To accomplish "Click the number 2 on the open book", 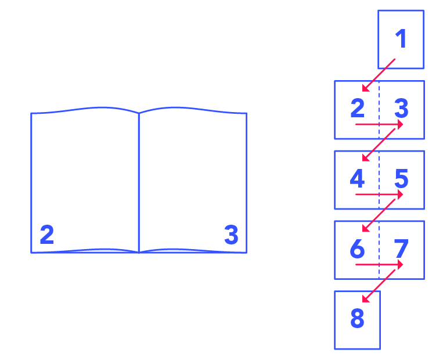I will click(x=47, y=235).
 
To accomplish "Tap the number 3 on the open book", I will click(x=231, y=235).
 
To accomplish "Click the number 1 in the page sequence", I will click(x=401, y=39).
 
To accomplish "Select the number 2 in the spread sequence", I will click(x=357, y=108).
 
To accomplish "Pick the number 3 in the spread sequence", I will click(x=401, y=108).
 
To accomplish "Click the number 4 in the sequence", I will click(x=357, y=179).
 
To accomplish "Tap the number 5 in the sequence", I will click(x=401, y=179).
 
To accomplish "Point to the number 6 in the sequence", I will click(x=357, y=249).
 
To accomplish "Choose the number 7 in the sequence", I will click(x=401, y=249).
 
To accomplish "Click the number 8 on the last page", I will click(x=357, y=319).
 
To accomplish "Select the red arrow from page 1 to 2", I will click(x=379, y=75).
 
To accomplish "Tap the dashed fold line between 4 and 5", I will click(x=379, y=168).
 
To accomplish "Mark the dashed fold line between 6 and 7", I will click(x=379, y=238).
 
